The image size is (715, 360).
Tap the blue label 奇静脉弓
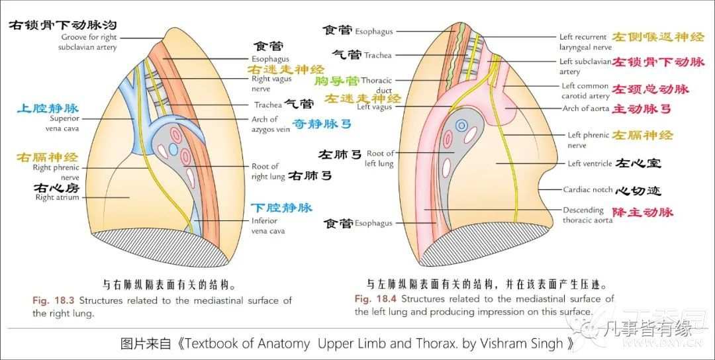click(x=322, y=124)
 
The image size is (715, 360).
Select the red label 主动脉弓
click(x=642, y=109)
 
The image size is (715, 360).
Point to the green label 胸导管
click(x=336, y=81)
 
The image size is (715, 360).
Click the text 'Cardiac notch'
click(x=587, y=189)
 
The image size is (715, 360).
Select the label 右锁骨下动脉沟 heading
click(x=62, y=25)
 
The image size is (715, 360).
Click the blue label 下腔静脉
click(x=281, y=208)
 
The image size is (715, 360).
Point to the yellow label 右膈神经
click(x=47, y=157)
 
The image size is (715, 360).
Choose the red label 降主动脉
click(x=642, y=212)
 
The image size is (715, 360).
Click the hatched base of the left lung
click(x=463, y=248)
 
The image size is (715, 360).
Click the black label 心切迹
click(x=638, y=191)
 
